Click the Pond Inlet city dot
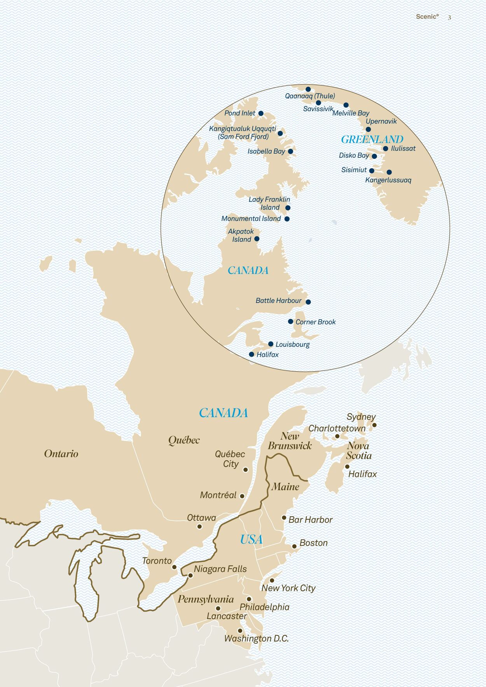click(261, 114)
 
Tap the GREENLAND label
click(372, 139)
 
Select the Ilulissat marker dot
click(385, 149)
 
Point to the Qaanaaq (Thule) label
click(310, 96)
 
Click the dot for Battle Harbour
click(308, 302)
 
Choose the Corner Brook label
click(315, 322)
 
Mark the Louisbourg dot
click(271, 344)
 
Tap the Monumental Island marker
click(287, 219)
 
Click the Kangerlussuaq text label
click(388, 180)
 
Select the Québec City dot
click(245, 470)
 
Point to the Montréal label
click(218, 495)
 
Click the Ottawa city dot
click(199, 526)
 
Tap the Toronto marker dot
click(174, 567)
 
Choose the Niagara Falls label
click(220, 569)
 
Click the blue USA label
click(251, 540)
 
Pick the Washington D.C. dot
click(240, 631)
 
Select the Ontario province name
click(61, 454)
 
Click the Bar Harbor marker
click(284, 517)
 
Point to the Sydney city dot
click(374, 425)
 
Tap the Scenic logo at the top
click(427, 17)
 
